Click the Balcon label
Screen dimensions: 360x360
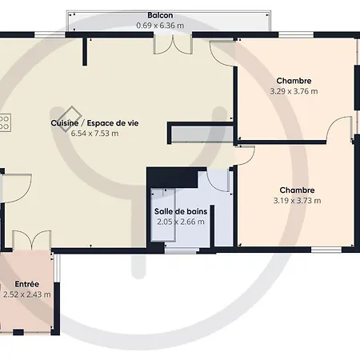[x=160, y=15]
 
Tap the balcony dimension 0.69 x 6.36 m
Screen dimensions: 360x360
[x=160, y=26]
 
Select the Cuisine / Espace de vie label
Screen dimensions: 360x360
[x=94, y=123]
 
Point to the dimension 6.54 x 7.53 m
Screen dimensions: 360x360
[x=94, y=133]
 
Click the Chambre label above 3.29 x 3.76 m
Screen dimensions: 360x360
[x=294, y=81]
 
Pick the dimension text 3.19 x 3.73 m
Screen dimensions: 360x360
[x=297, y=200]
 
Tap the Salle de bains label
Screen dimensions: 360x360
[x=181, y=211]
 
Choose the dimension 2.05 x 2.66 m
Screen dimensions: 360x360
[x=181, y=222]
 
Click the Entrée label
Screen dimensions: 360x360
[x=27, y=284]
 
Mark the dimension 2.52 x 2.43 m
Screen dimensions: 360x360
[x=27, y=294]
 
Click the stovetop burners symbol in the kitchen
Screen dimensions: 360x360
[x=5, y=122]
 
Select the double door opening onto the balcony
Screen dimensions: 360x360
[x=173, y=44]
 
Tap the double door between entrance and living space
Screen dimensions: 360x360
[x=32, y=240]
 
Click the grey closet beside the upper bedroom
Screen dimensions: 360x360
[x=202, y=134]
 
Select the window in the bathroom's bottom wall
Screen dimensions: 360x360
[x=182, y=250]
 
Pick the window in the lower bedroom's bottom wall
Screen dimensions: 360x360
[x=326, y=250]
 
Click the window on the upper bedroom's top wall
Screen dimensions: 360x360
[x=296, y=34]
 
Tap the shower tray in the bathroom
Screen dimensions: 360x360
[x=163, y=215]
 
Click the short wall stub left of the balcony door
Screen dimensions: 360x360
[x=85, y=51]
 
